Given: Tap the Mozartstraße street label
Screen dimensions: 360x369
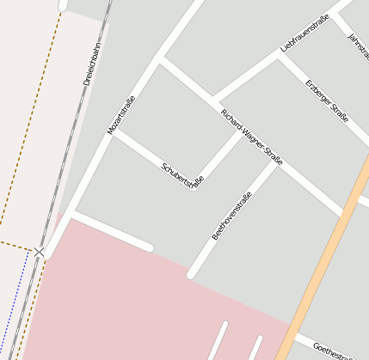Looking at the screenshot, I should [x=120, y=114].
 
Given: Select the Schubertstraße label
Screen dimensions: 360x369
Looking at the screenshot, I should [x=182, y=174].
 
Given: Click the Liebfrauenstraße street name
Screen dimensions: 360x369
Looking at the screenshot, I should [x=305, y=33].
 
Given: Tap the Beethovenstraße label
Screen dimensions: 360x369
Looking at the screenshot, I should [x=231, y=215].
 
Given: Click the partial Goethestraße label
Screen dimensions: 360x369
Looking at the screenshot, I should [x=334, y=350].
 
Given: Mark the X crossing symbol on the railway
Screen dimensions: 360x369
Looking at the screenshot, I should [x=40, y=251].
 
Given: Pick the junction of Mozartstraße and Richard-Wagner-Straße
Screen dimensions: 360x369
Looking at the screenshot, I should [x=160, y=58].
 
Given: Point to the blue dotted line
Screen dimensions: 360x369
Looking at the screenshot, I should [x=9, y=318].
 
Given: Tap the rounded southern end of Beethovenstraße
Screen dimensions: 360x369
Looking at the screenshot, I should [x=192, y=274].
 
